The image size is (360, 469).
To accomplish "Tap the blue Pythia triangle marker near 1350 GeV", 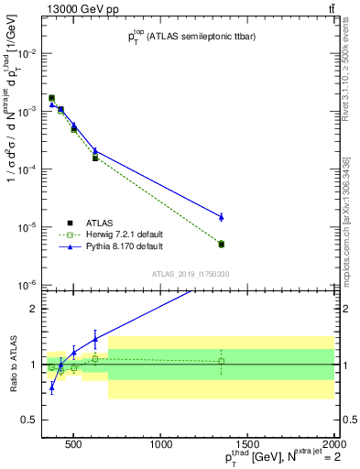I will [221, 216].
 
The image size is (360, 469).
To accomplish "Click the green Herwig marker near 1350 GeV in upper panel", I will [221, 244].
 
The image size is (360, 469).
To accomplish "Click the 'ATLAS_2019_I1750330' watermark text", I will [191, 274].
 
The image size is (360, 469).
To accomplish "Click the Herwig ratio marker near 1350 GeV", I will [221, 361].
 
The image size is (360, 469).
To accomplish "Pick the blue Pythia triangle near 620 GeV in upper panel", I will [95, 150].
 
